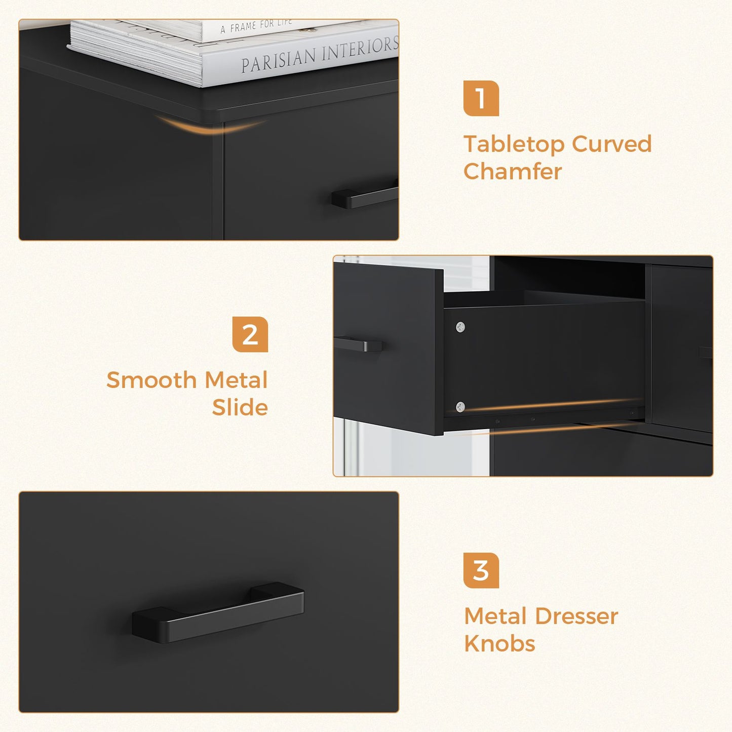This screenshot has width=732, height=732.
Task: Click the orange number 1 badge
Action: pyautogui.click(x=481, y=98)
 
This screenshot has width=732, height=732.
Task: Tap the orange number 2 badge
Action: pyautogui.click(x=250, y=334)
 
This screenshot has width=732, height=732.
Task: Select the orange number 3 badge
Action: pyautogui.click(x=481, y=570)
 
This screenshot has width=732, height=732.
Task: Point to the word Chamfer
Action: pyautogui.click(x=512, y=172)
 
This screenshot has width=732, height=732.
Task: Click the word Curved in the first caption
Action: pyautogui.click(x=611, y=144)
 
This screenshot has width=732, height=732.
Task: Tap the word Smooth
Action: pyautogui.click(x=151, y=380)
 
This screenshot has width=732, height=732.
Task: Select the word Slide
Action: pyautogui.click(x=240, y=407)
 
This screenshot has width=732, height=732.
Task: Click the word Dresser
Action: pyautogui.click(x=576, y=616)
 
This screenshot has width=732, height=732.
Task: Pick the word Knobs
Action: pyautogui.click(x=499, y=644)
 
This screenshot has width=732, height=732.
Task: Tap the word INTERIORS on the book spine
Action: pyautogui.click(x=361, y=49)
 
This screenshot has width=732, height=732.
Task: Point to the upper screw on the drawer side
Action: pyautogui.click(x=460, y=327)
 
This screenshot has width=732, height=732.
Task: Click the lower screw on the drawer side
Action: pyautogui.click(x=460, y=406)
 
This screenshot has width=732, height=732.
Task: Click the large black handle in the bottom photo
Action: pyautogui.click(x=218, y=613)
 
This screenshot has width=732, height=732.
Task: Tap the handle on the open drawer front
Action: pyautogui.click(x=359, y=344)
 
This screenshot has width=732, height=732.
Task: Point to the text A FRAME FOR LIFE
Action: pyautogui.click(x=256, y=26)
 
